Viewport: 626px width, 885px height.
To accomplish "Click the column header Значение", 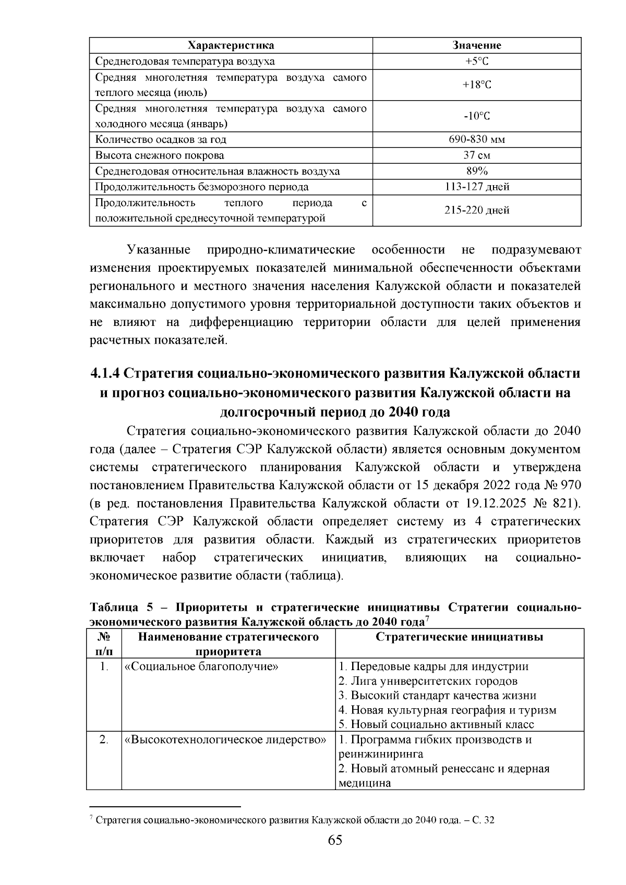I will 477,45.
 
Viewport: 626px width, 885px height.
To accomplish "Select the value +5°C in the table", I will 477,62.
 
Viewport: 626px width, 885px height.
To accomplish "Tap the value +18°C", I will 477,85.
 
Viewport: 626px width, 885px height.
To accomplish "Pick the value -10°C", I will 477,116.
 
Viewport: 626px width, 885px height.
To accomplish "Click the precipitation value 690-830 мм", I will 477,140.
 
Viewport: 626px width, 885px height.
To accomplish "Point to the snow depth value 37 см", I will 477,155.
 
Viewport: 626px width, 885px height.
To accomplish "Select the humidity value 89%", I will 477,171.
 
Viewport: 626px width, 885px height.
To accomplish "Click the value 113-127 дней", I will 477,187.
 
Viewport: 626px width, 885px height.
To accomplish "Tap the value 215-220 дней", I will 477,210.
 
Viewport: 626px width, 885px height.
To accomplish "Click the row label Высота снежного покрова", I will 160,155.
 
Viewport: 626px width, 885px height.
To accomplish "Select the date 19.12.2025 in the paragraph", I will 500,503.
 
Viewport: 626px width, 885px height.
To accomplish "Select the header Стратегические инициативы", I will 459,637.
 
